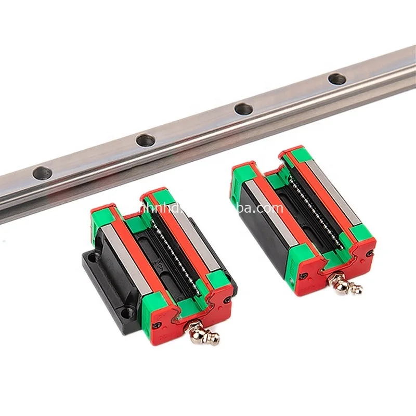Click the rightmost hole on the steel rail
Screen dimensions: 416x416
pos(337,79)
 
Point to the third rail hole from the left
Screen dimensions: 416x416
pos(243,109)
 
